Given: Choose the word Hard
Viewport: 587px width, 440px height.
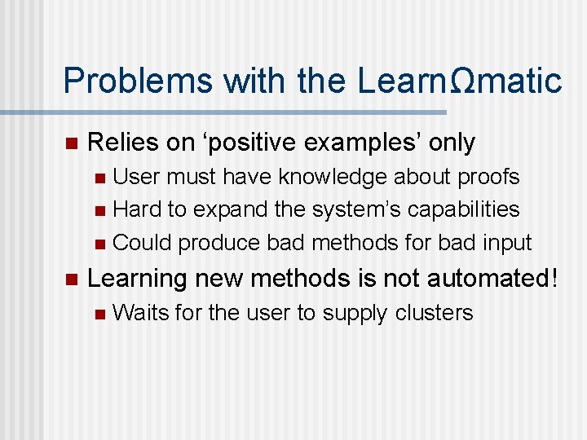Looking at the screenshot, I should pyautogui.click(x=137, y=209).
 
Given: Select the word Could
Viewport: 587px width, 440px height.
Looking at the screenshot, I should pyautogui.click(x=142, y=243).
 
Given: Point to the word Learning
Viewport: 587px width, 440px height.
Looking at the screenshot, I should pyautogui.click(x=137, y=279).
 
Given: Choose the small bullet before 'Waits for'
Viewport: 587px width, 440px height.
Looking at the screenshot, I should pyautogui.click(x=99, y=314).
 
